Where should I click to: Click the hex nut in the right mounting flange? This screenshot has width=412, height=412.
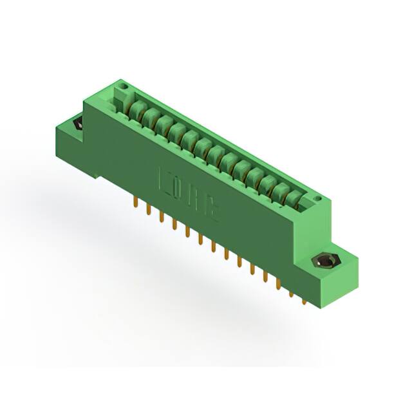point(326,261)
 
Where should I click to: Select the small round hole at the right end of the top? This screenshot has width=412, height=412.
point(317,201)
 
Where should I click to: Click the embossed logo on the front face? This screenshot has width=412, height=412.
point(189,194)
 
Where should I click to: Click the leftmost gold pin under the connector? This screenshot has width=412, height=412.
point(135,203)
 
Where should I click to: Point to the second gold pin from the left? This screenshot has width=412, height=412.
point(147,210)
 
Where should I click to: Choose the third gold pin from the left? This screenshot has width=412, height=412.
point(161,218)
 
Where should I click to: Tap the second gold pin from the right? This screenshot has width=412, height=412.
point(291,293)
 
